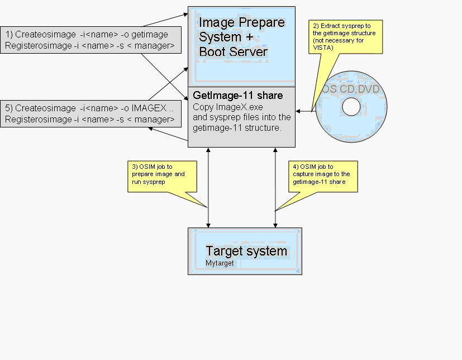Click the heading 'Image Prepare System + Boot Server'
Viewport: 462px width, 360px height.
coord(241,37)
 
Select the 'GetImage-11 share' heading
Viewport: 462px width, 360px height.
coord(237,96)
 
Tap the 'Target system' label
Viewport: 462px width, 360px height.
coord(246,251)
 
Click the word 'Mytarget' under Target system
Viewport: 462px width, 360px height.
coord(220,263)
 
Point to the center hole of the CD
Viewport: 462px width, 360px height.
coord(351,107)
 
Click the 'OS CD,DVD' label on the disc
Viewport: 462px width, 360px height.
coord(353,89)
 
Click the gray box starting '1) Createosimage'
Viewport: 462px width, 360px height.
coord(91,40)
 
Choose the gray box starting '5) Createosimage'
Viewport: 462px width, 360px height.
coord(91,113)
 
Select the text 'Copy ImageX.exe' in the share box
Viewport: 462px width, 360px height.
coord(221,107)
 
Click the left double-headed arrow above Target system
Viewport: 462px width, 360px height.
coord(208,188)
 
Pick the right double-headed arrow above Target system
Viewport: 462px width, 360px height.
coord(275,188)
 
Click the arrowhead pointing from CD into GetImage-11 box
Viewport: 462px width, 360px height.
coord(299,111)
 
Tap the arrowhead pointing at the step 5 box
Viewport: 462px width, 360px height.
coord(151,129)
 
